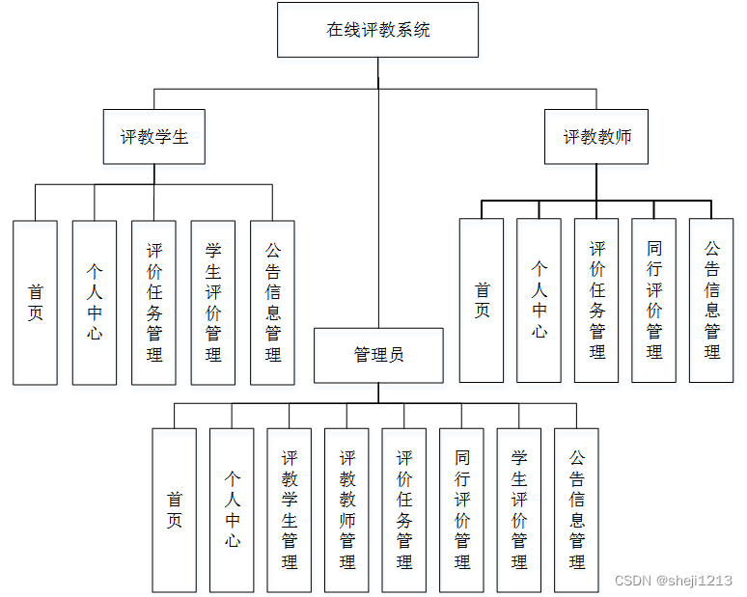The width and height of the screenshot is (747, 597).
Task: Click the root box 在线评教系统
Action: click(377, 30)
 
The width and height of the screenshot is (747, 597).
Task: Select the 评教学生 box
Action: click(154, 137)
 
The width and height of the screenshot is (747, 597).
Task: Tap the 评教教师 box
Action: click(596, 137)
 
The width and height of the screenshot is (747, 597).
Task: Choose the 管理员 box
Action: click(378, 355)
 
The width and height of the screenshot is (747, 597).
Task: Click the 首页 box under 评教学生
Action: click(35, 303)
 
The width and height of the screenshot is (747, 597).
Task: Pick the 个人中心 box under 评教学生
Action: click(95, 303)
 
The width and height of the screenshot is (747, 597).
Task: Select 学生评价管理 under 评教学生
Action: click(213, 303)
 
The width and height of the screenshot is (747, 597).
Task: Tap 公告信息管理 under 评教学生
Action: click(272, 303)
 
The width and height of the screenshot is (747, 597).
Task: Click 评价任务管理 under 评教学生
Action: click(153, 303)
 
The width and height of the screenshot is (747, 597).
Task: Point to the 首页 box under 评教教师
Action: click(481, 300)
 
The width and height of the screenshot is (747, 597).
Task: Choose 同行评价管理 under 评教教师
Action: click(653, 300)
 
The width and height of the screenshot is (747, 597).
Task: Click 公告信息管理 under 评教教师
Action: click(711, 300)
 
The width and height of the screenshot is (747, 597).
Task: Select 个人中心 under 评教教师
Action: click(539, 300)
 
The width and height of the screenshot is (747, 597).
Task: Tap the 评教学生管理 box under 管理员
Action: click(290, 510)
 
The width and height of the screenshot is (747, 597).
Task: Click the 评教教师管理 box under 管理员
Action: click(346, 510)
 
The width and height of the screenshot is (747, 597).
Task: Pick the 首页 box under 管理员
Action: click(174, 510)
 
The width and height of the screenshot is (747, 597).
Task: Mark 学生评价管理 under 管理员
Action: click(519, 510)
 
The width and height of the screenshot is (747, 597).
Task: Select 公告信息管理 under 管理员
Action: click(576, 510)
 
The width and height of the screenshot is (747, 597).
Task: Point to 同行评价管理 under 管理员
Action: click(461, 510)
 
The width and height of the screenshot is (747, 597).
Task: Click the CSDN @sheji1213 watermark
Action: click(673, 581)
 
